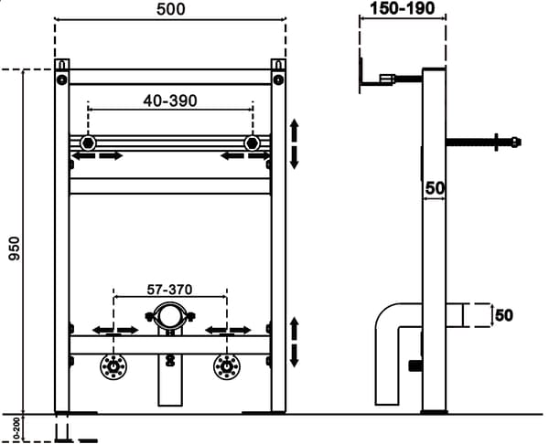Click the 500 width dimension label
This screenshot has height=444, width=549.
click(170, 9)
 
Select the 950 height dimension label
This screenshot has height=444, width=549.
click(15, 248)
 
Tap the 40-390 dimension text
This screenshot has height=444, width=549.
click(170, 101)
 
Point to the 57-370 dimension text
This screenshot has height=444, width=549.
click(169, 290)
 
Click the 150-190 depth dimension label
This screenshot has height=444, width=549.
click(403, 9)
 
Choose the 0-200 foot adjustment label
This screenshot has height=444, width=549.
click(16, 428)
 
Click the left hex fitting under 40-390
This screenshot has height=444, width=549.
click(88, 143)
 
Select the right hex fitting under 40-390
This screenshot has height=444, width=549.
click(252, 143)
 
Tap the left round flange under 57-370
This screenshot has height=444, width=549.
click(113, 367)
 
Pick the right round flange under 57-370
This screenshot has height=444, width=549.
click(227, 367)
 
